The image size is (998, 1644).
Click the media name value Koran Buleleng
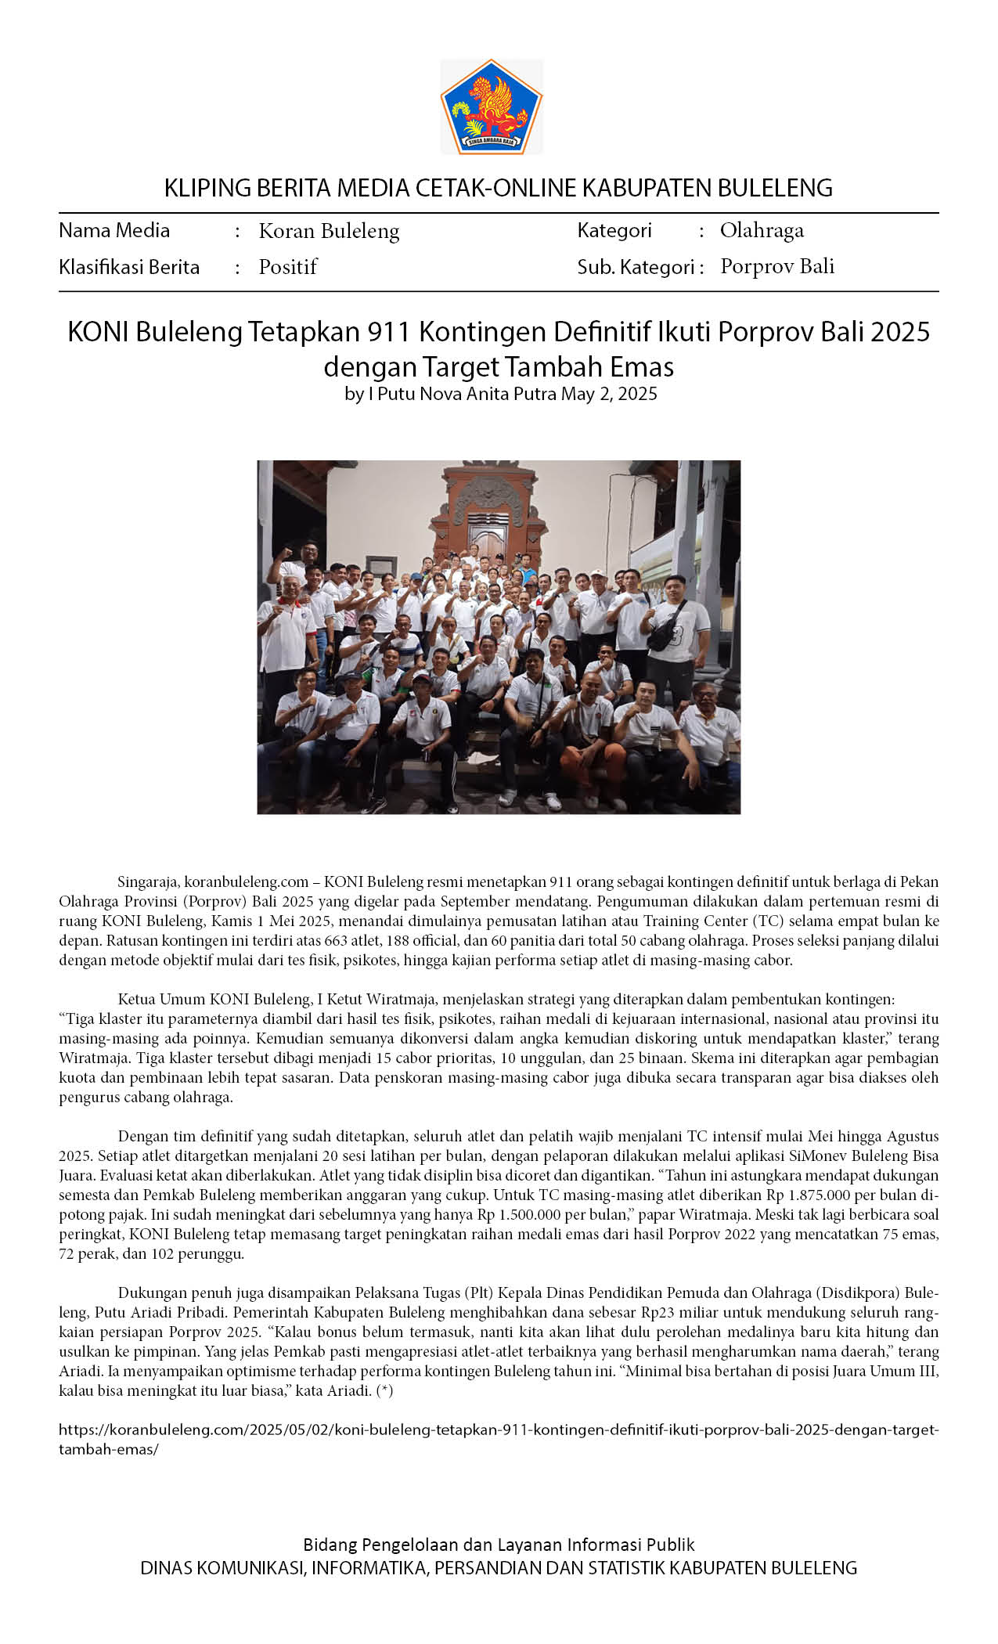(329, 231)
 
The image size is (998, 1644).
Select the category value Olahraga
(762, 230)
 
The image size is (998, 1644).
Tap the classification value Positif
(287, 267)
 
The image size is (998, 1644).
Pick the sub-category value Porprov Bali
(777, 266)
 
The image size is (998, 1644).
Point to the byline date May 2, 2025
(609, 393)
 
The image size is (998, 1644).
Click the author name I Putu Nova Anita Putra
(462, 393)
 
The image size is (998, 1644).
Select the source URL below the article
(498, 1438)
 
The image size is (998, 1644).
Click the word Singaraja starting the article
(148, 881)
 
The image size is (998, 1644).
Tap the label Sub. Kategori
(636, 267)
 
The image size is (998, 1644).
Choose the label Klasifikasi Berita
(129, 267)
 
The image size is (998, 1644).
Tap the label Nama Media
(114, 230)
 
